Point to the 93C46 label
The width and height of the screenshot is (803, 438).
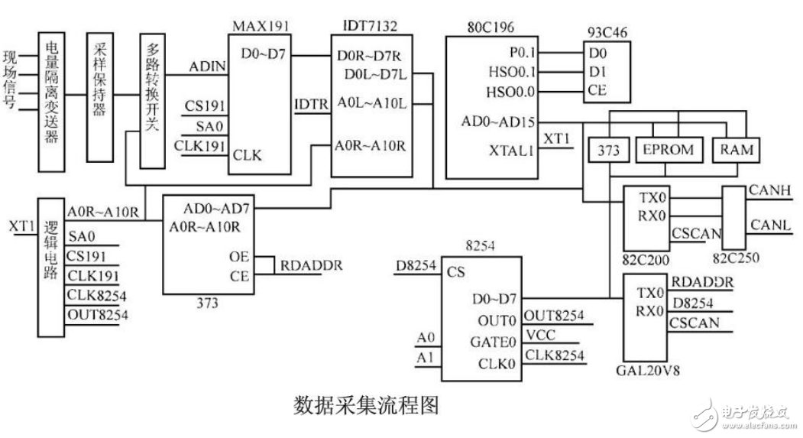pyautogui.click(x=605, y=33)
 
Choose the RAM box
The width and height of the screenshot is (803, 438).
pyautogui.click(x=737, y=151)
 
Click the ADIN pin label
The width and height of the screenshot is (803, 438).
pyautogui.click(x=208, y=67)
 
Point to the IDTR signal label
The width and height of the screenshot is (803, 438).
pyautogui.click(x=311, y=102)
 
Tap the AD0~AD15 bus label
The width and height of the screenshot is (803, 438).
pyautogui.click(x=499, y=122)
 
